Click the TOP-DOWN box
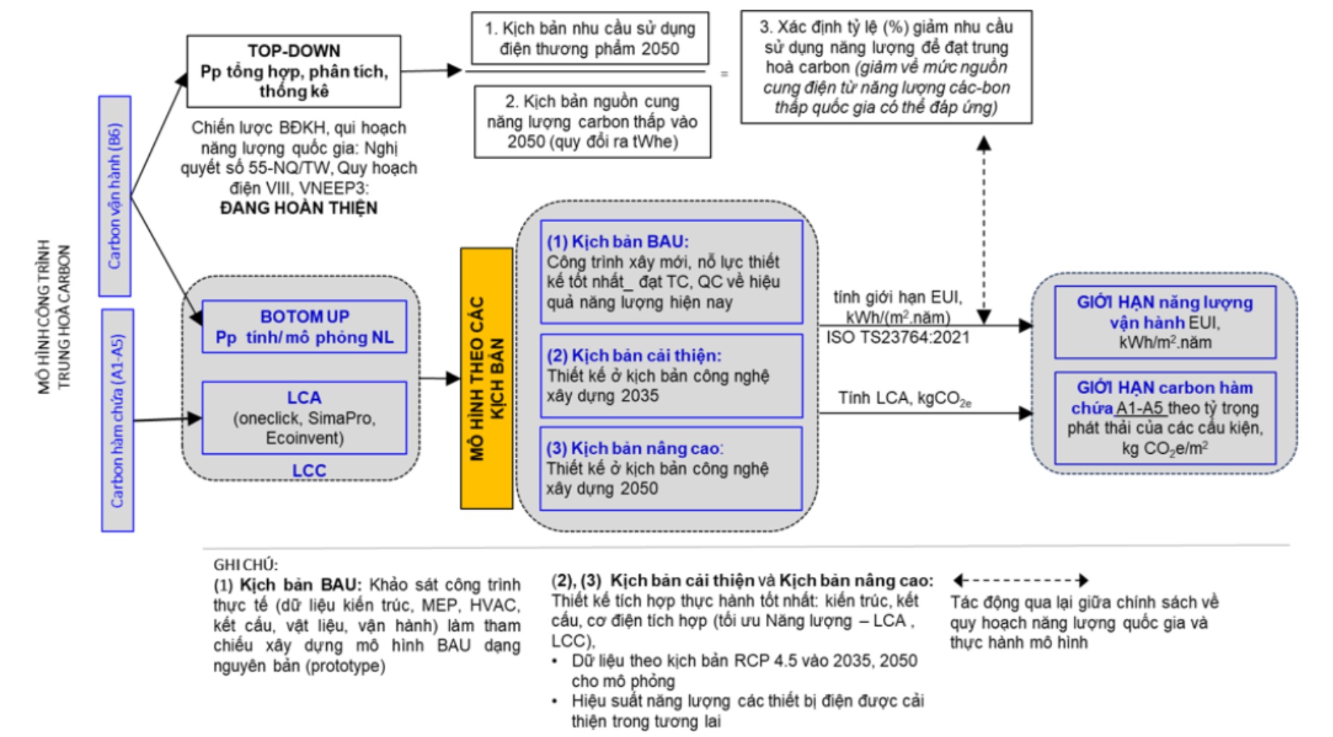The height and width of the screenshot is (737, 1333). [x=293, y=71]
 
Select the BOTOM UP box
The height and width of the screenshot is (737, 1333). [x=304, y=326]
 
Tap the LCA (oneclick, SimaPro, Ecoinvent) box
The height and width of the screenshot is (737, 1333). [x=304, y=418]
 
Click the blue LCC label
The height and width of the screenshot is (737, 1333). [x=309, y=470]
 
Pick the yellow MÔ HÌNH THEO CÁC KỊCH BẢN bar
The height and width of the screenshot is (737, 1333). [x=487, y=378]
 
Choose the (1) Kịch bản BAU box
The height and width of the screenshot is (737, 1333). [x=670, y=272]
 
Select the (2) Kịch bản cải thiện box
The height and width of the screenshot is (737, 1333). [x=670, y=375]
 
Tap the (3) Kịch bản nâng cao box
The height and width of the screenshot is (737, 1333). [x=670, y=468]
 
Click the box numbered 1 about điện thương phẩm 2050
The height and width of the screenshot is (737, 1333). [x=590, y=38]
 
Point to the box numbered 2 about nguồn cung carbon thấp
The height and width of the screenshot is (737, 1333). [x=592, y=121]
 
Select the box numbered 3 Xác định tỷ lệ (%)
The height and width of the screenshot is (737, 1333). [x=886, y=67]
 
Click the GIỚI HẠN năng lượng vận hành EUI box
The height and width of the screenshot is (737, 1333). [x=1164, y=322]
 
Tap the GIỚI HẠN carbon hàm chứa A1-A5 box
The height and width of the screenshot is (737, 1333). [x=1164, y=418]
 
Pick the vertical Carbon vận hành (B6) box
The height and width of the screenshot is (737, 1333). [x=115, y=196]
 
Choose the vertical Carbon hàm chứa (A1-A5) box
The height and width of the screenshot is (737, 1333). [x=117, y=420]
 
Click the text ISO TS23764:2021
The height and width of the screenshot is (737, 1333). [x=897, y=338]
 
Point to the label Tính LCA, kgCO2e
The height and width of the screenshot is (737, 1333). [x=904, y=398]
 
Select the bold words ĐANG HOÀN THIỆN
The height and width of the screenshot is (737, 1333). [x=298, y=208]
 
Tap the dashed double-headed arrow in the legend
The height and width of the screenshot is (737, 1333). [x=1020, y=580]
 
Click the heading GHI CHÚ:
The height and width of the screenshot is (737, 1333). [x=246, y=565]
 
